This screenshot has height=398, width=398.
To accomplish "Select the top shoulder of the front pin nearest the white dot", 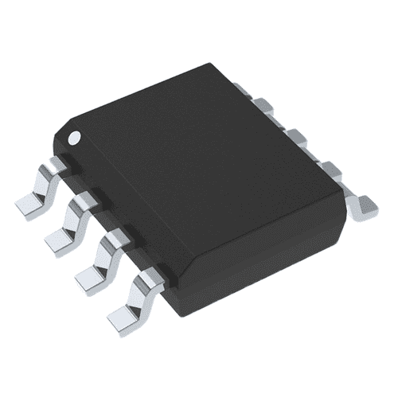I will (57, 165).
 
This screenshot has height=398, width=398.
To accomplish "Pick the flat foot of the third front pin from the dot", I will (89, 275).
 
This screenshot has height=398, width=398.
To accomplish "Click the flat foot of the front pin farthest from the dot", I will (121, 315).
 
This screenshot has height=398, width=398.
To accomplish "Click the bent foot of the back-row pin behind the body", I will (364, 205).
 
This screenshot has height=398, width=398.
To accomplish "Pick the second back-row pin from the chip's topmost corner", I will (294, 135).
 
